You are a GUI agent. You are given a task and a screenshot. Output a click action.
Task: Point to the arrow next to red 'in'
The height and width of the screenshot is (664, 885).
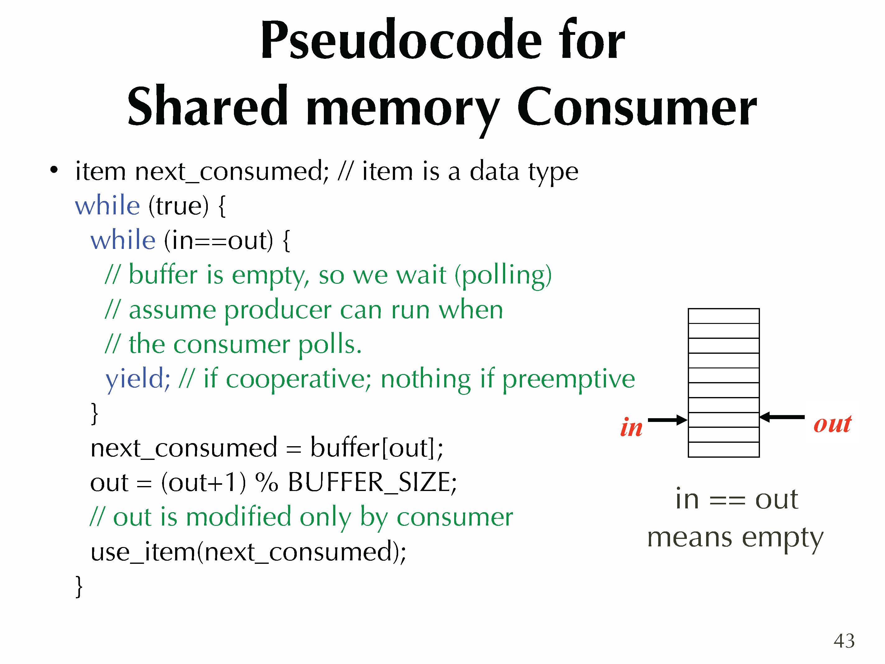click(667, 420)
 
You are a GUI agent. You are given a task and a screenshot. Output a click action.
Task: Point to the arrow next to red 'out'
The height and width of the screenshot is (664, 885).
click(782, 417)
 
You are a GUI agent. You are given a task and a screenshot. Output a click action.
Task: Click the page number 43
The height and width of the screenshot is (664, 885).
click(844, 640)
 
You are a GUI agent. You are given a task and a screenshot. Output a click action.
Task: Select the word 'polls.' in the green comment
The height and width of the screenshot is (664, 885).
click(330, 344)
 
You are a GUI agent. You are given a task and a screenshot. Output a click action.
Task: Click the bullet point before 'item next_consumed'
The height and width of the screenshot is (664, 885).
click(54, 171)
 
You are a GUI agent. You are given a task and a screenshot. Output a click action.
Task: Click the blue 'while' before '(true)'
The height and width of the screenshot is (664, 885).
click(108, 206)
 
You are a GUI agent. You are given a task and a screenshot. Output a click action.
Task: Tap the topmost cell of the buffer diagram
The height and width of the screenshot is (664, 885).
click(723, 316)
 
